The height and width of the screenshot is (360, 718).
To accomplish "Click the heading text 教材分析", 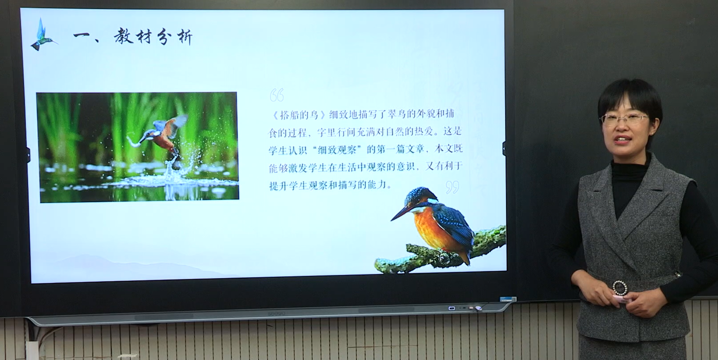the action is pyautogui.click(x=153, y=37).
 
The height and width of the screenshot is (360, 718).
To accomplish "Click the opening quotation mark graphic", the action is pyautogui.click(x=276, y=95).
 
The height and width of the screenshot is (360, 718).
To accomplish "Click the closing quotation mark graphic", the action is pyautogui.click(x=452, y=187).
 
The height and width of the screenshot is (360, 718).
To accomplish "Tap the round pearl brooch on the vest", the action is pyautogui.click(x=620, y=288).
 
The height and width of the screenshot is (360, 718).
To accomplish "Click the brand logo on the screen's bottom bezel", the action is pyautogui.click(x=276, y=313).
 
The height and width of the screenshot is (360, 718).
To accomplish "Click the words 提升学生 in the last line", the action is pyautogui.click(x=289, y=186).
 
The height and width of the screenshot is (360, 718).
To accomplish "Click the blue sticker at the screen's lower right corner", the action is pyautogui.click(x=508, y=299).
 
